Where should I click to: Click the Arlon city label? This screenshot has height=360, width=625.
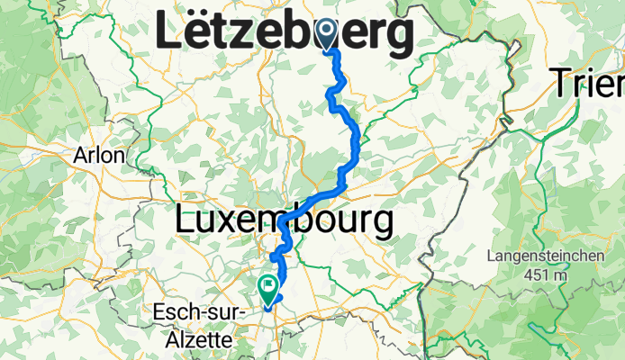pos(99,155)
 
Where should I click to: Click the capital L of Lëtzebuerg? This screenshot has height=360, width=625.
pos(168,34)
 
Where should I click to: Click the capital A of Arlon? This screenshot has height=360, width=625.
pos(81,155)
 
